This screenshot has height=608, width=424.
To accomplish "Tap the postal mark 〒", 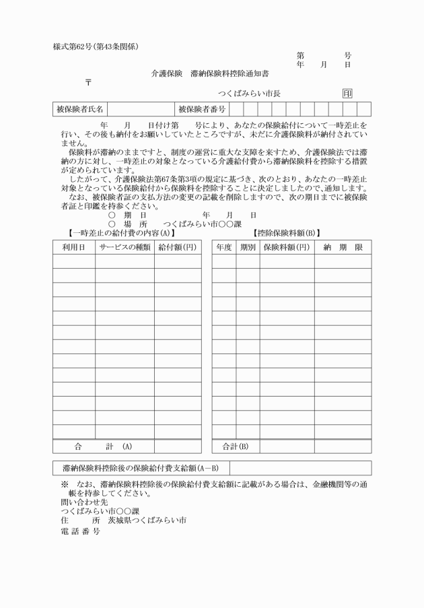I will [x=87, y=82].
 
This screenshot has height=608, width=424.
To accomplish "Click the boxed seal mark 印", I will [x=347, y=94].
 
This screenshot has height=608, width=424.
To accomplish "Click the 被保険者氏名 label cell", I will [x=79, y=109].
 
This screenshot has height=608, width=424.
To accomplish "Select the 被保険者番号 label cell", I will [x=202, y=109].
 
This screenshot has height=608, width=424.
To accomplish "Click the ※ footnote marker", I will [x=65, y=484].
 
